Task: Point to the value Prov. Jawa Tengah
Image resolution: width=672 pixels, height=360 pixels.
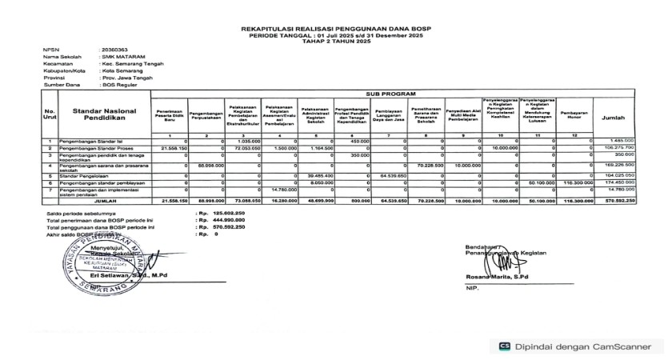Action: point(127,77)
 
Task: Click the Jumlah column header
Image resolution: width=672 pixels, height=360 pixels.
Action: point(614,117)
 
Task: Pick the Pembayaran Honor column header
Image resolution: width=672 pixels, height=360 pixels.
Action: point(574,114)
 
